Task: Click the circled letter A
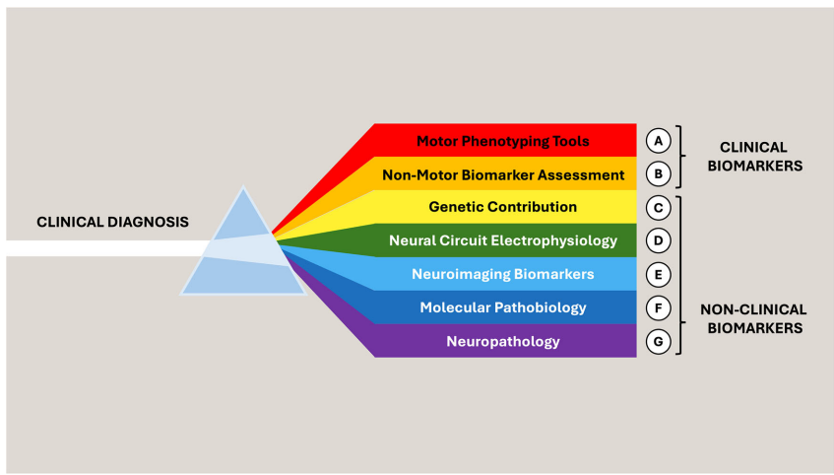pyautogui.click(x=659, y=140)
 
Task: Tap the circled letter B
pyautogui.click(x=659, y=173)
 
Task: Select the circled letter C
pyautogui.click(x=659, y=207)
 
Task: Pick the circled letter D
pyautogui.click(x=659, y=240)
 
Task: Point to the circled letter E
pyautogui.click(x=659, y=274)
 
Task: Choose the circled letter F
pyautogui.click(x=659, y=307)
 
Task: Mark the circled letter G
pyautogui.click(x=659, y=341)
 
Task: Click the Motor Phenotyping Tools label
pyautogui.click(x=502, y=141)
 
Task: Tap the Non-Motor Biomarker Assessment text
pyautogui.click(x=503, y=174)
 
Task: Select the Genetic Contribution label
pyautogui.click(x=503, y=207)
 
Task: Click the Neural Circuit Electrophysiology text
pyautogui.click(x=503, y=240)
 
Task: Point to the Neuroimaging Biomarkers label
pyautogui.click(x=503, y=274)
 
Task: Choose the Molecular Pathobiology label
pyautogui.click(x=503, y=307)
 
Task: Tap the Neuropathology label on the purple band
pyautogui.click(x=503, y=341)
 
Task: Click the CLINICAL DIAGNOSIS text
pyautogui.click(x=112, y=222)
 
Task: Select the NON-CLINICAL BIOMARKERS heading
pyautogui.click(x=753, y=317)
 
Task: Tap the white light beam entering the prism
pyautogui.click(x=98, y=248)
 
